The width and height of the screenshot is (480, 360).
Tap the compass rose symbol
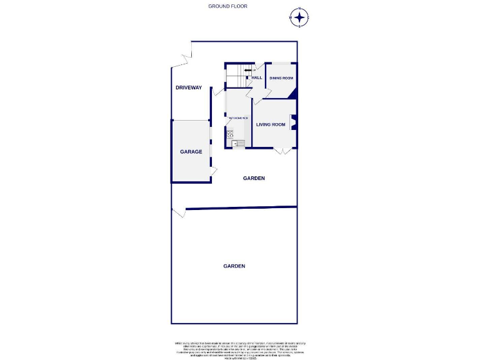299,17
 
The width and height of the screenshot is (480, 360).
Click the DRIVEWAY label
189,88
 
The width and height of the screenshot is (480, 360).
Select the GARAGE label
191,151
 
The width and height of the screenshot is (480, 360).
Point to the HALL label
256,78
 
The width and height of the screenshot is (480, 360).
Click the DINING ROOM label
281,78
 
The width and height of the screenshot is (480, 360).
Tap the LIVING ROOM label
270,124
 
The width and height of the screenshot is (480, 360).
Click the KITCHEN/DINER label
238,118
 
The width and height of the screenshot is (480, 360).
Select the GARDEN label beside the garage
254,178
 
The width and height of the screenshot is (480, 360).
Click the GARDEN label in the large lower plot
234,266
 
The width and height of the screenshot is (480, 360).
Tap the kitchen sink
237,143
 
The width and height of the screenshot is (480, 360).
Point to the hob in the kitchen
230,132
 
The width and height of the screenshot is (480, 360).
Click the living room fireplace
294,122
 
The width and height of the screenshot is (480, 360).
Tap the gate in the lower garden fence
179,213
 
